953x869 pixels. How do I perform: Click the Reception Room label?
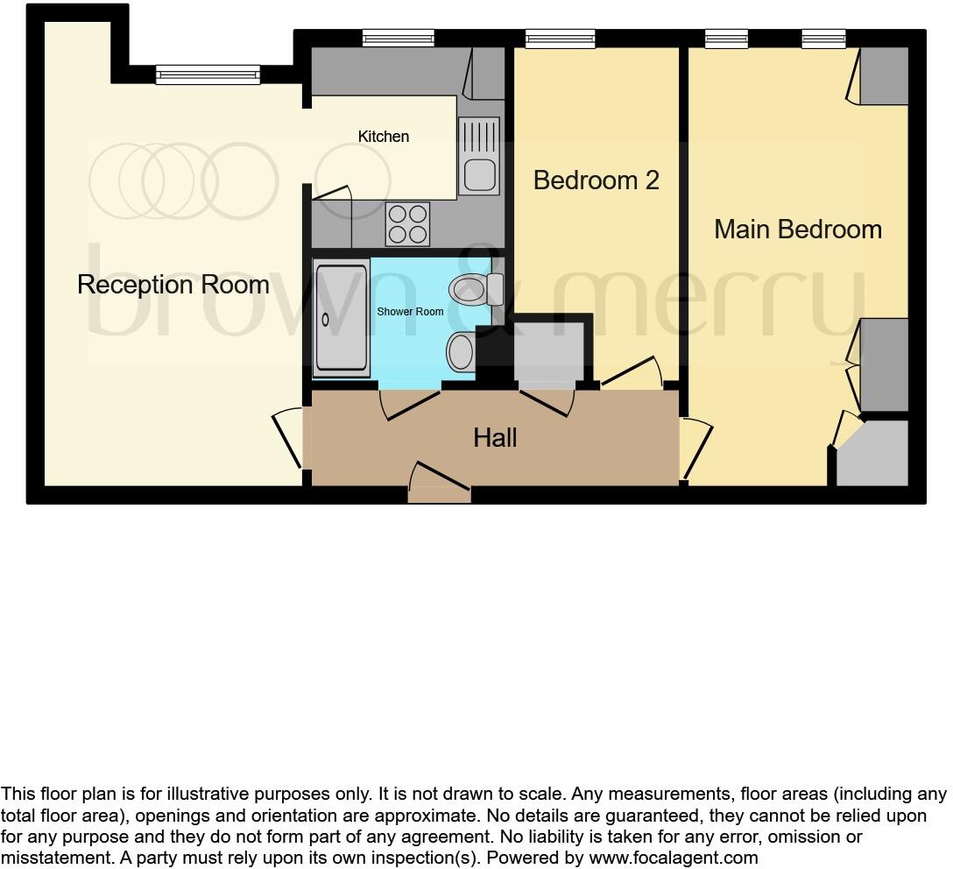[x=173, y=285]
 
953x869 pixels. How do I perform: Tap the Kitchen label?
[x=384, y=137]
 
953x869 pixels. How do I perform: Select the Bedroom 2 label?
[x=596, y=180]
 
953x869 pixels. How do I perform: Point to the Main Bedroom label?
[x=797, y=230]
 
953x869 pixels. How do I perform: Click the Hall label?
[x=495, y=438]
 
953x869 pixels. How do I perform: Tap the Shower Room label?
[x=410, y=312]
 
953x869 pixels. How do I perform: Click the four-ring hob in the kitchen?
[x=408, y=223]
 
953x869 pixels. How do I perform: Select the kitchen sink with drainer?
[x=479, y=156]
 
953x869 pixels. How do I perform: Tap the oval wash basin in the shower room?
[x=460, y=352]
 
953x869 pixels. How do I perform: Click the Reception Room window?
[x=208, y=74]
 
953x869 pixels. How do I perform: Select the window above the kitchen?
[x=399, y=39]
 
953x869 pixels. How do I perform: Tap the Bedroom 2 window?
[x=560, y=39]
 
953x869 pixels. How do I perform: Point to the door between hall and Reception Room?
[x=289, y=438]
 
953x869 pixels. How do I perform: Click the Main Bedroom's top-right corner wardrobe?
[x=883, y=75]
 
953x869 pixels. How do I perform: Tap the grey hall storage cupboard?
[x=548, y=352]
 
